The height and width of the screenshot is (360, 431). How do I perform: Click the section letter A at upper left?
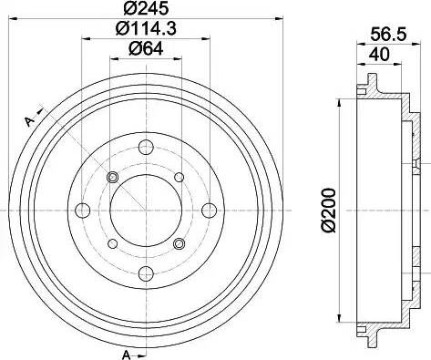click(29, 122)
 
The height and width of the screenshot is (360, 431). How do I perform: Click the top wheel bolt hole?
click(146, 149)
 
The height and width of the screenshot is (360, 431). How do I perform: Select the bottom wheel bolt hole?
click(146, 272)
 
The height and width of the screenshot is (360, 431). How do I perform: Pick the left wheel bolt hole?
click(84, 211)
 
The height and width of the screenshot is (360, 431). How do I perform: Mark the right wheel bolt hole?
click(208, 211)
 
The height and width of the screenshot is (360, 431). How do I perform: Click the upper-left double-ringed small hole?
click(113, 177)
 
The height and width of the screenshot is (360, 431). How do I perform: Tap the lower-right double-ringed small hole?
click(179, 243)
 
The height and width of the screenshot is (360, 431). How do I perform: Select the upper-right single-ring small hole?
click(179, 177)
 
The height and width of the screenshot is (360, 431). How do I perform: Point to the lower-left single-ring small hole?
click(113, 243)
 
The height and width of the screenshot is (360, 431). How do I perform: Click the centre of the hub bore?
click(146, 211)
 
